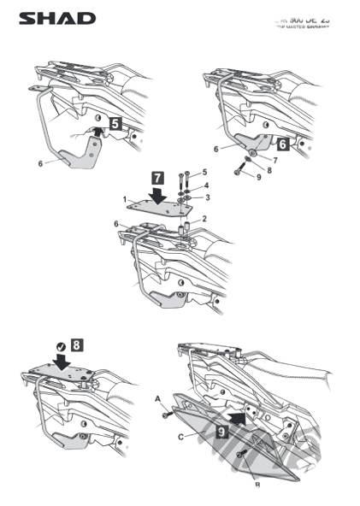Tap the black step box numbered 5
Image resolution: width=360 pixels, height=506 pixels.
pyautogui.click(x=115, y=124)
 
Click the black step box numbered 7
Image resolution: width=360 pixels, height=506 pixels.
pyautogui.click(x=157, y=178)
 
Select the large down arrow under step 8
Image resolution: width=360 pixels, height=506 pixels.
pyautogui.click(x=64, y=361)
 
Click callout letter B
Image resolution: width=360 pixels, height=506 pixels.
pyautogui.click(x=257, y=484)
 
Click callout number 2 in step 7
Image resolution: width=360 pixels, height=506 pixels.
pyautogui.click(x=204, y=219)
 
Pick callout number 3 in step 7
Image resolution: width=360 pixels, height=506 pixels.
pyautogui.click(x=204, y=197)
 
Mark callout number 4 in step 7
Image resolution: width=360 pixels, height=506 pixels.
pyautogui.click(x=204, y=185)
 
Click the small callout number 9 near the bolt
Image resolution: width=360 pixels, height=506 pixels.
pyautogui.click(x=248, y=178)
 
